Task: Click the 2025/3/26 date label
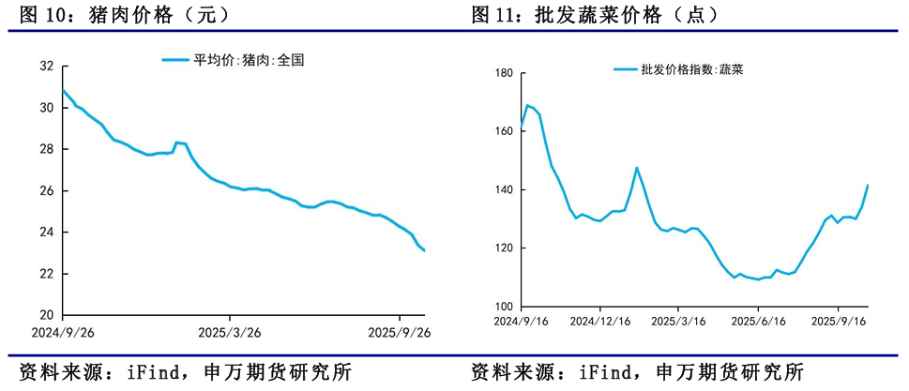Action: point(230,332)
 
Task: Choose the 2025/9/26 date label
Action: point(399,332)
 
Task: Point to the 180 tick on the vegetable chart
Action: point(502,73)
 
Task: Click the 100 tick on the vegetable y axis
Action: point(502,307)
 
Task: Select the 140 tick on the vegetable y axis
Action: point(502,190)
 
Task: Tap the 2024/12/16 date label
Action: point(600,321)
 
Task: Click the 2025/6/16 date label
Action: point(758,321)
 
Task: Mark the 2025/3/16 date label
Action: point(679,321)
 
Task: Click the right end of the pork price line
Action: point(424,250)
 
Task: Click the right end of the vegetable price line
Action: point(868,186)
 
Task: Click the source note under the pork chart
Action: point(178,371)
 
